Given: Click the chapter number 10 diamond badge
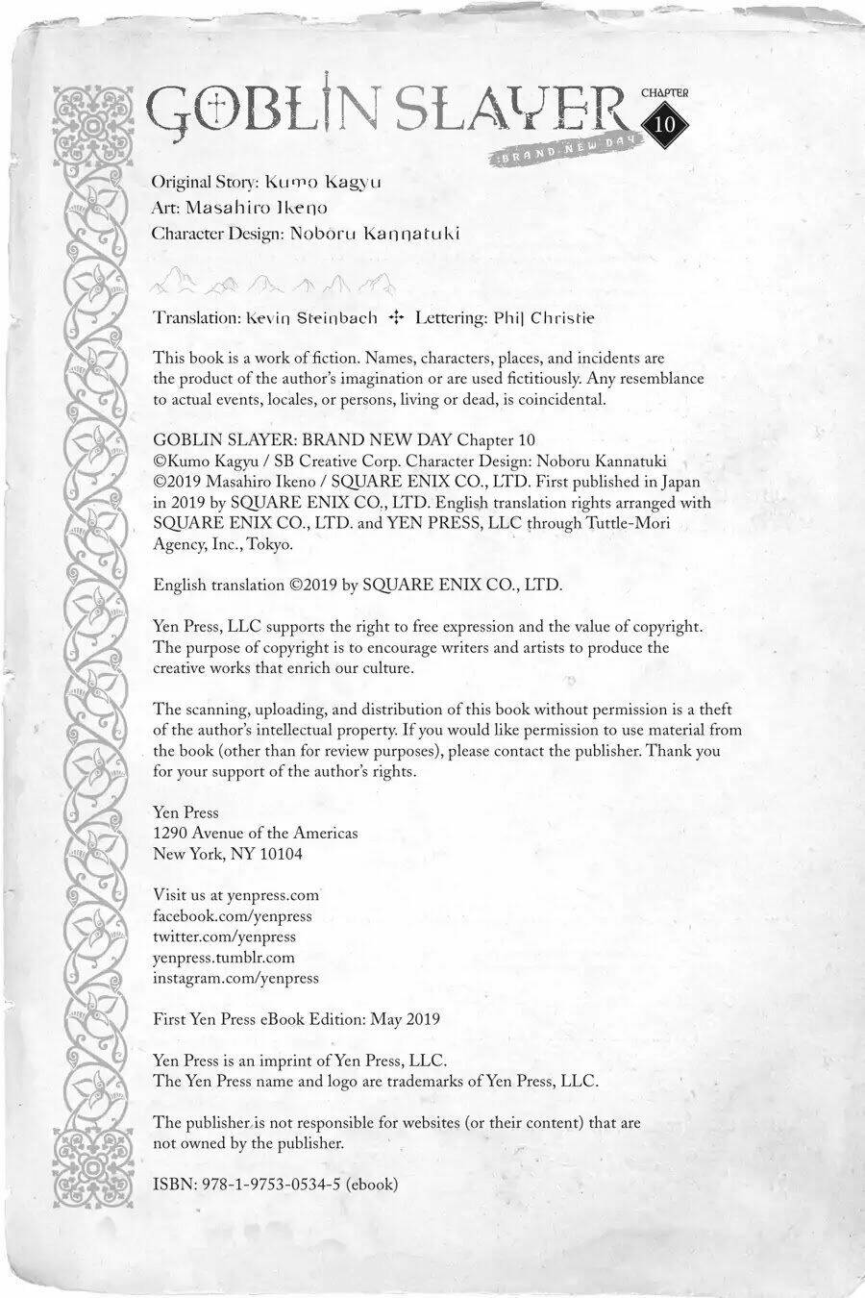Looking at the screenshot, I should pos(665,125).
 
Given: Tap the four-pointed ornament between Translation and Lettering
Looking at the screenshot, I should pos(394,316).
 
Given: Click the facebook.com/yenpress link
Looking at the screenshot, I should pos(233,916).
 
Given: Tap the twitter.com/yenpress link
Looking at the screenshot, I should pos(225,936).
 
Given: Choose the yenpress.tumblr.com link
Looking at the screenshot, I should pos(224,958).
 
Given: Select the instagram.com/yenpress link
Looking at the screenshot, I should pos(235,978).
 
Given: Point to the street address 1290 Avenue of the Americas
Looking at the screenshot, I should pos(256,833).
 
